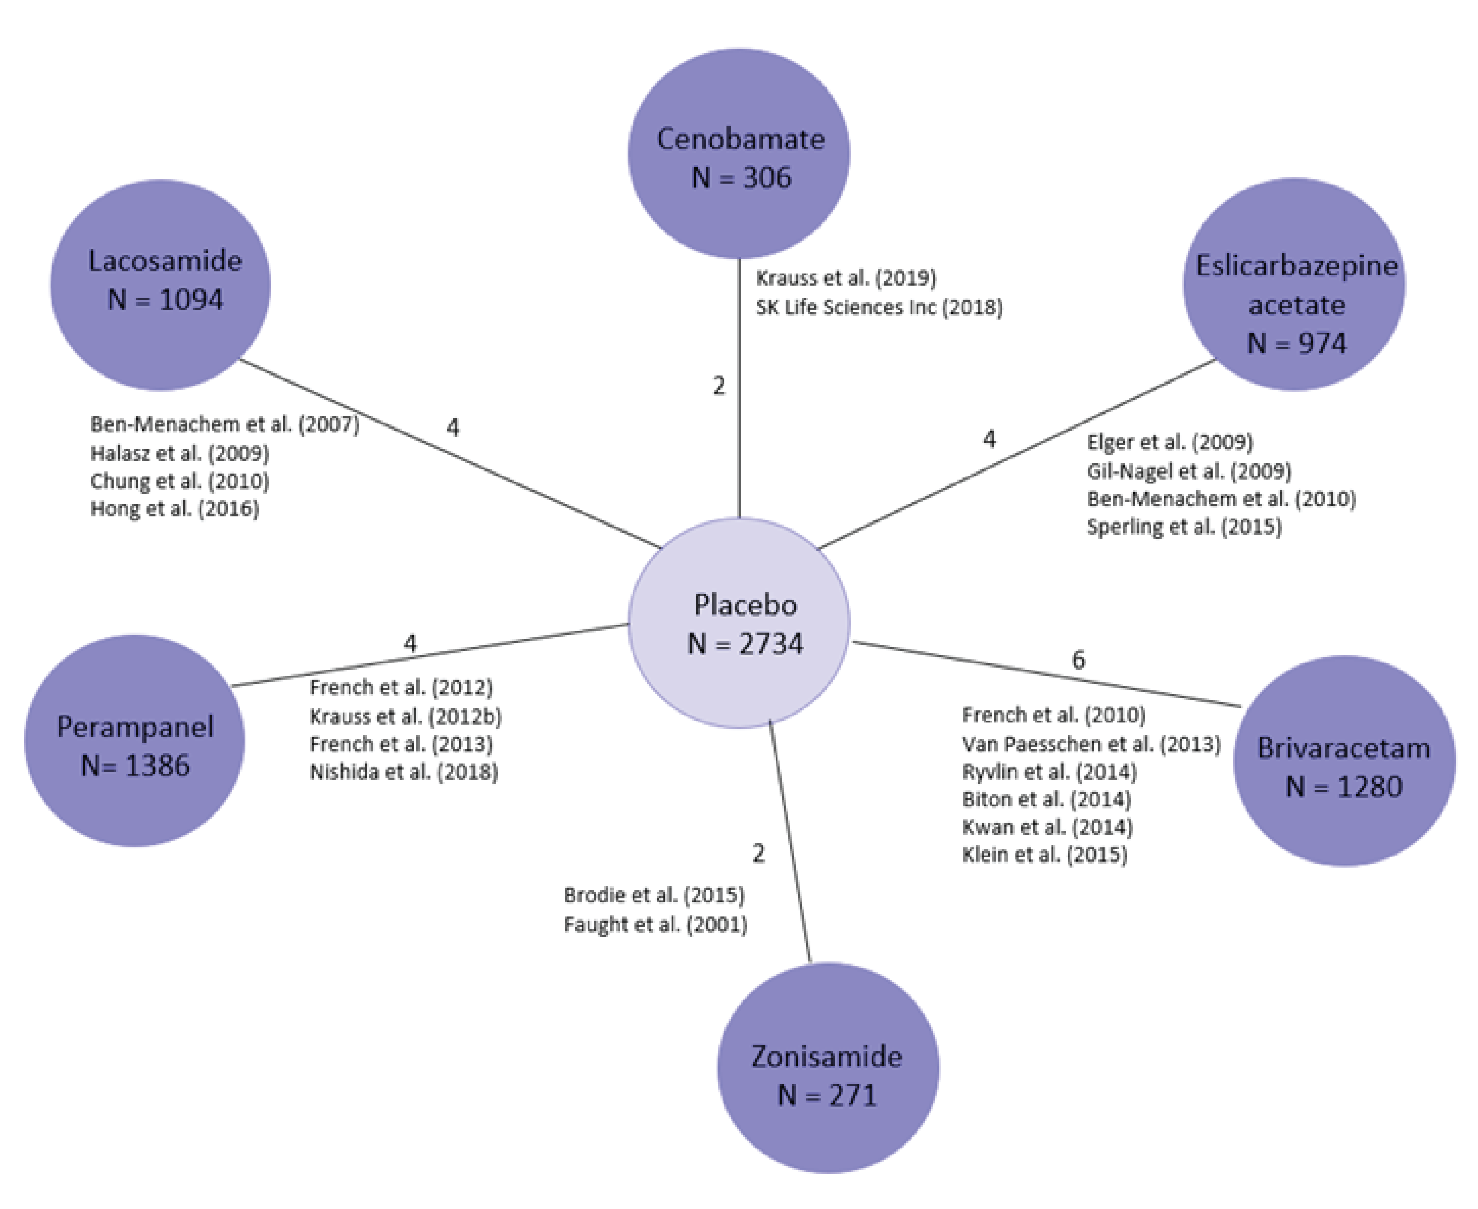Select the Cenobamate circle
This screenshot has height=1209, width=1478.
739,153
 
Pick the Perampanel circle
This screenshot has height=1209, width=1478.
134,741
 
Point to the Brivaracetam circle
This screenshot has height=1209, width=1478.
1344,761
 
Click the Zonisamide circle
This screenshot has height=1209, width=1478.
828,1068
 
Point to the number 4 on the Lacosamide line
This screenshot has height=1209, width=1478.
453,427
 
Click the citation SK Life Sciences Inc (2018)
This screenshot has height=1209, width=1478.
879,307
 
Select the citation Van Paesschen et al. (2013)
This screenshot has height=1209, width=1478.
1091,744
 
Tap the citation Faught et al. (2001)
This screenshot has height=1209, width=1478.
655,924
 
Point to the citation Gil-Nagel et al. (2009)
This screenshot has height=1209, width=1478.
1189,471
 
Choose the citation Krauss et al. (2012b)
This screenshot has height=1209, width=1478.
405,716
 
